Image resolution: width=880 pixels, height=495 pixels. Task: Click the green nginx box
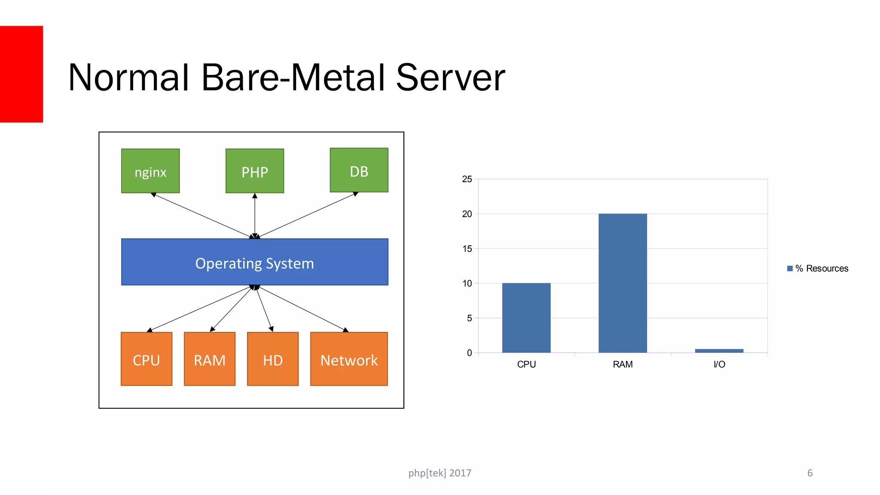tap(150, 171)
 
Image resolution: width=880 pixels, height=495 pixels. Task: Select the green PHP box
tap(254, 171)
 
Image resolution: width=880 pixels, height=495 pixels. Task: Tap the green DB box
tap(359, 170)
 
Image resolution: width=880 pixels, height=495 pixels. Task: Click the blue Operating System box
tap(254, 262)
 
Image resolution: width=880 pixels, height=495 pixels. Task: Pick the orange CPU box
tap(147, 359)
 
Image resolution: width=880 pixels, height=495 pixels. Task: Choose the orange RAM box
tap(210, 359)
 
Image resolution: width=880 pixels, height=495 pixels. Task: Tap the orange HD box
tap(273, 359)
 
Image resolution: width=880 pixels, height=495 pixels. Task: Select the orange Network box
tap(349, 359)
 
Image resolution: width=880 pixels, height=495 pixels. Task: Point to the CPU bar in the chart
tap(526, 318)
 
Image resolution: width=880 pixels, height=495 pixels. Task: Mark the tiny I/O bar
tap(719, 351)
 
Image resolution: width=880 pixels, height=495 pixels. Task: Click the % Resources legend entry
tap(818, 269)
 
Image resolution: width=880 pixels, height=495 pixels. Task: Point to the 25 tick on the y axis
tap(467, 179)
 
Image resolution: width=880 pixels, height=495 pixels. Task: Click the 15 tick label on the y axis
tap(467, 249)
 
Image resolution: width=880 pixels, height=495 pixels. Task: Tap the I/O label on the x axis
tap(719, 364)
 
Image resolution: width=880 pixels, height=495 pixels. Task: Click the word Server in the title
tap(450, 78)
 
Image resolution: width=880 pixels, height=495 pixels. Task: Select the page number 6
tap(810, 473)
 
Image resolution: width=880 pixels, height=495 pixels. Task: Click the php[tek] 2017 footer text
tap(440, 473)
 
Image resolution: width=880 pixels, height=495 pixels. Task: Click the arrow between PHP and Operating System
tap(255, 216)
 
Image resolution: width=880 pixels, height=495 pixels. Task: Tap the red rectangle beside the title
tap(21, 74)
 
